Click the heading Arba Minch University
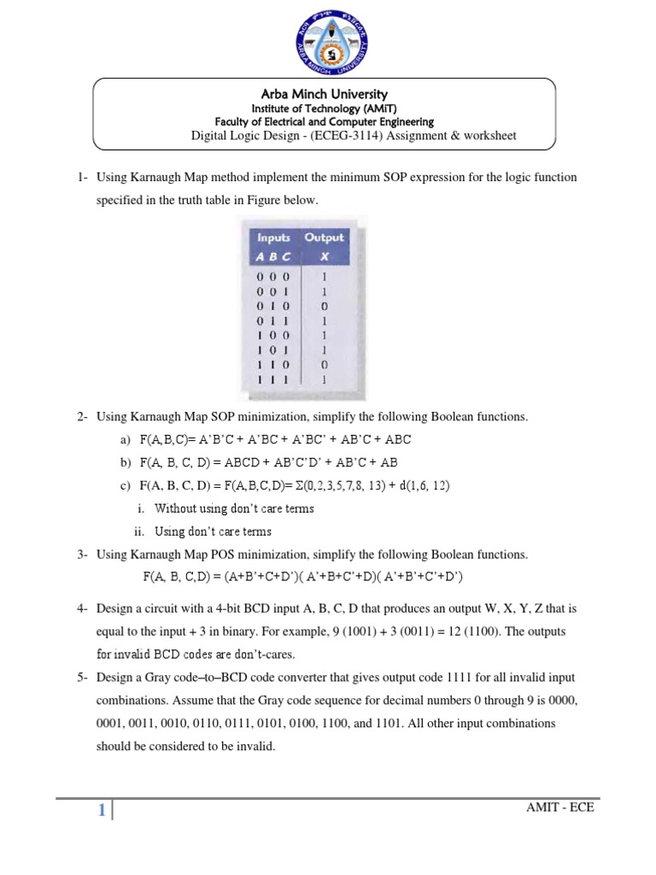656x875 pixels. tap(324, 94)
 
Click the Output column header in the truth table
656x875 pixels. tap(324, 238)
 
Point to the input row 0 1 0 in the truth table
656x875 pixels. tap(274, 305)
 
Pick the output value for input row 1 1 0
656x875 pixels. tap(324, 363)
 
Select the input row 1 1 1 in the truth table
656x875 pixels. tap(274, 379)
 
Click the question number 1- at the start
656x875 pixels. tap(83, 178)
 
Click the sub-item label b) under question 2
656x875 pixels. tap(126, 462)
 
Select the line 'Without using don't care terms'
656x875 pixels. tap(234, 508)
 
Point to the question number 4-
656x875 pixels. tap(83, 609)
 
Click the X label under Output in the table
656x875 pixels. tap(324, 256)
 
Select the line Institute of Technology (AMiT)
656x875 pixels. tap(324, 109)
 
